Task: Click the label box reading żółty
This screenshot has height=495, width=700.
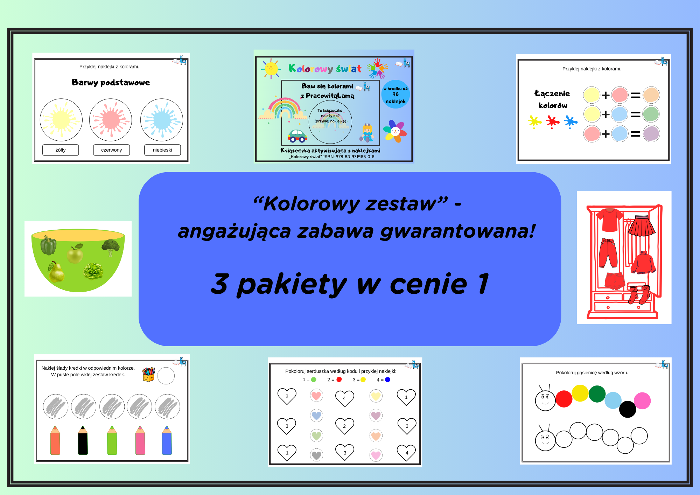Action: click(61, 150)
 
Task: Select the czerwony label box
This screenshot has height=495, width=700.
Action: click(111, 150)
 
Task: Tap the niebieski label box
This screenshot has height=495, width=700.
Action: click(162, 150)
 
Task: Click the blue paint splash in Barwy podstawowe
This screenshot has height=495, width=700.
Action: click(162, 120)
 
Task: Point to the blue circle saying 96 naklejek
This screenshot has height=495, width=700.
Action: click(395, 95)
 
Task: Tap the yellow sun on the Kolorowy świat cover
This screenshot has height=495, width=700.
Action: click(271, 68)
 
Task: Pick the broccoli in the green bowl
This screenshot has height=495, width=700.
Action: click(111, 247)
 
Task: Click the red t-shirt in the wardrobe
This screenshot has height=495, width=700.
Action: click(610, 220)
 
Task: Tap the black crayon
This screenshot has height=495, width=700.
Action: click(83, 440)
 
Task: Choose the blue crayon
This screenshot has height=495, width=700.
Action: click(167, 440)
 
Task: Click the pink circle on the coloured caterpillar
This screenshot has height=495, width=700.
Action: click(642, 401)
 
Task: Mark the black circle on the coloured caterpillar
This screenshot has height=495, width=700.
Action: click(628, 409)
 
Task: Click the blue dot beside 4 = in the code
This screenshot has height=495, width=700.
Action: click(387, 379)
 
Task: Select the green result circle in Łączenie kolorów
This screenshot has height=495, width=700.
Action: click(651, 114)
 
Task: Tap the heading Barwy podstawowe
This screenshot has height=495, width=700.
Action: click(111, 83)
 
